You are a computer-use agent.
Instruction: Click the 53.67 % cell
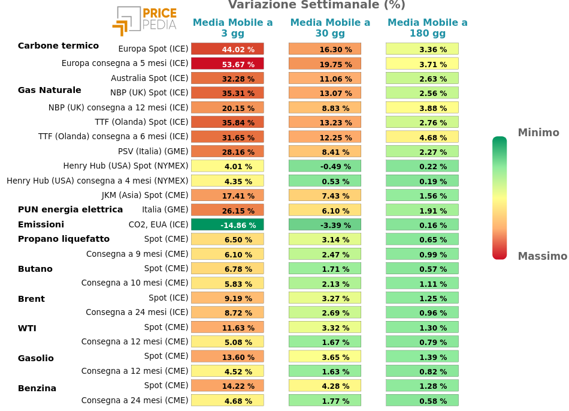pyautogui.click(x=228, y=64)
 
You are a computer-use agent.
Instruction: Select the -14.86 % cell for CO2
pyautogui.click(x=228, y=225)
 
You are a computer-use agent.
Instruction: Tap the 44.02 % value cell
pyautogui.click(x=228, y=49)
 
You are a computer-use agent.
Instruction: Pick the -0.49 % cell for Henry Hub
pyautogui.click(x=325, y=166)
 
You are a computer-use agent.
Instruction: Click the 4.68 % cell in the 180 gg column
pyautogui.click(x=422, y=137)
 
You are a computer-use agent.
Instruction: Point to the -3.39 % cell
pyautogui.click(x=325, y=225)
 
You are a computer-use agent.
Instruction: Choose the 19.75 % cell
pyautogui.click(x=325, y=64)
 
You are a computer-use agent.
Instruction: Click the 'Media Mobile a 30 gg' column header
pyautogui.click(x=330, y=28)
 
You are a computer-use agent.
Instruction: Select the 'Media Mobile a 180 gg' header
pyautogui.click(x=428, y=28)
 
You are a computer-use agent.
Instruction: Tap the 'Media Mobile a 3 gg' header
pyautogui.click(x=232, y=28)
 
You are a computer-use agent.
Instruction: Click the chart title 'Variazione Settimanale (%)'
pyautogui.click(x=316, y=5)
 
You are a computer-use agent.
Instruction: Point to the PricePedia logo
pyautogui.click(x=144, y=20)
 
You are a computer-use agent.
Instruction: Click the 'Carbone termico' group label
pyautogui.click(x=58, y=46)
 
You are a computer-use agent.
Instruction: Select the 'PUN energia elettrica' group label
pyautogui.click(x=70, y=209)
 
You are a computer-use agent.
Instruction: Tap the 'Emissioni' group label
pyautogui.click(x=41, y=224)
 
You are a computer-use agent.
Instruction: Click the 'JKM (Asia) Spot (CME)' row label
pyautogui.click(x=145, y=195)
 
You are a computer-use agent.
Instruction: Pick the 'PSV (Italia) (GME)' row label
pyautogui.click(x=153, y=151)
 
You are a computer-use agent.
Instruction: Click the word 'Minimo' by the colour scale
pyautogui.click(x=538, y=133)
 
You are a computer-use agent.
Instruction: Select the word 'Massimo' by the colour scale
pyautogui.click(x=541, y=256)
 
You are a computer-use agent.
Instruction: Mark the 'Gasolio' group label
pyautogui.click(x=36, y=358)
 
